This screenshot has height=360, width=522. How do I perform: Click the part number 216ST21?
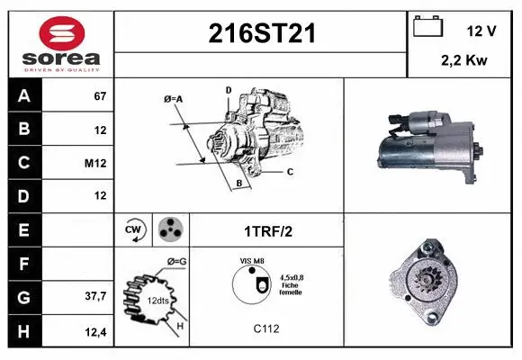click(x=262, y=34)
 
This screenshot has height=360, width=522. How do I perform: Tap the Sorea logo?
click(x=61, y=43)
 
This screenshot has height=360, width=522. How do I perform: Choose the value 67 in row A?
click(x=100, y=96)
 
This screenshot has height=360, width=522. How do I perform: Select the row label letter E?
click(x=23, y=229)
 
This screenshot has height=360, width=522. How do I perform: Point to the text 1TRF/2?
click(x=267, y=230)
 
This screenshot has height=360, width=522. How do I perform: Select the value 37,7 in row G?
click(x=96, y=295)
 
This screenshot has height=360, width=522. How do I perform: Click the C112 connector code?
click(x=265, y=328)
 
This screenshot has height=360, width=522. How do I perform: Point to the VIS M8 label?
click(x=252, y=260)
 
